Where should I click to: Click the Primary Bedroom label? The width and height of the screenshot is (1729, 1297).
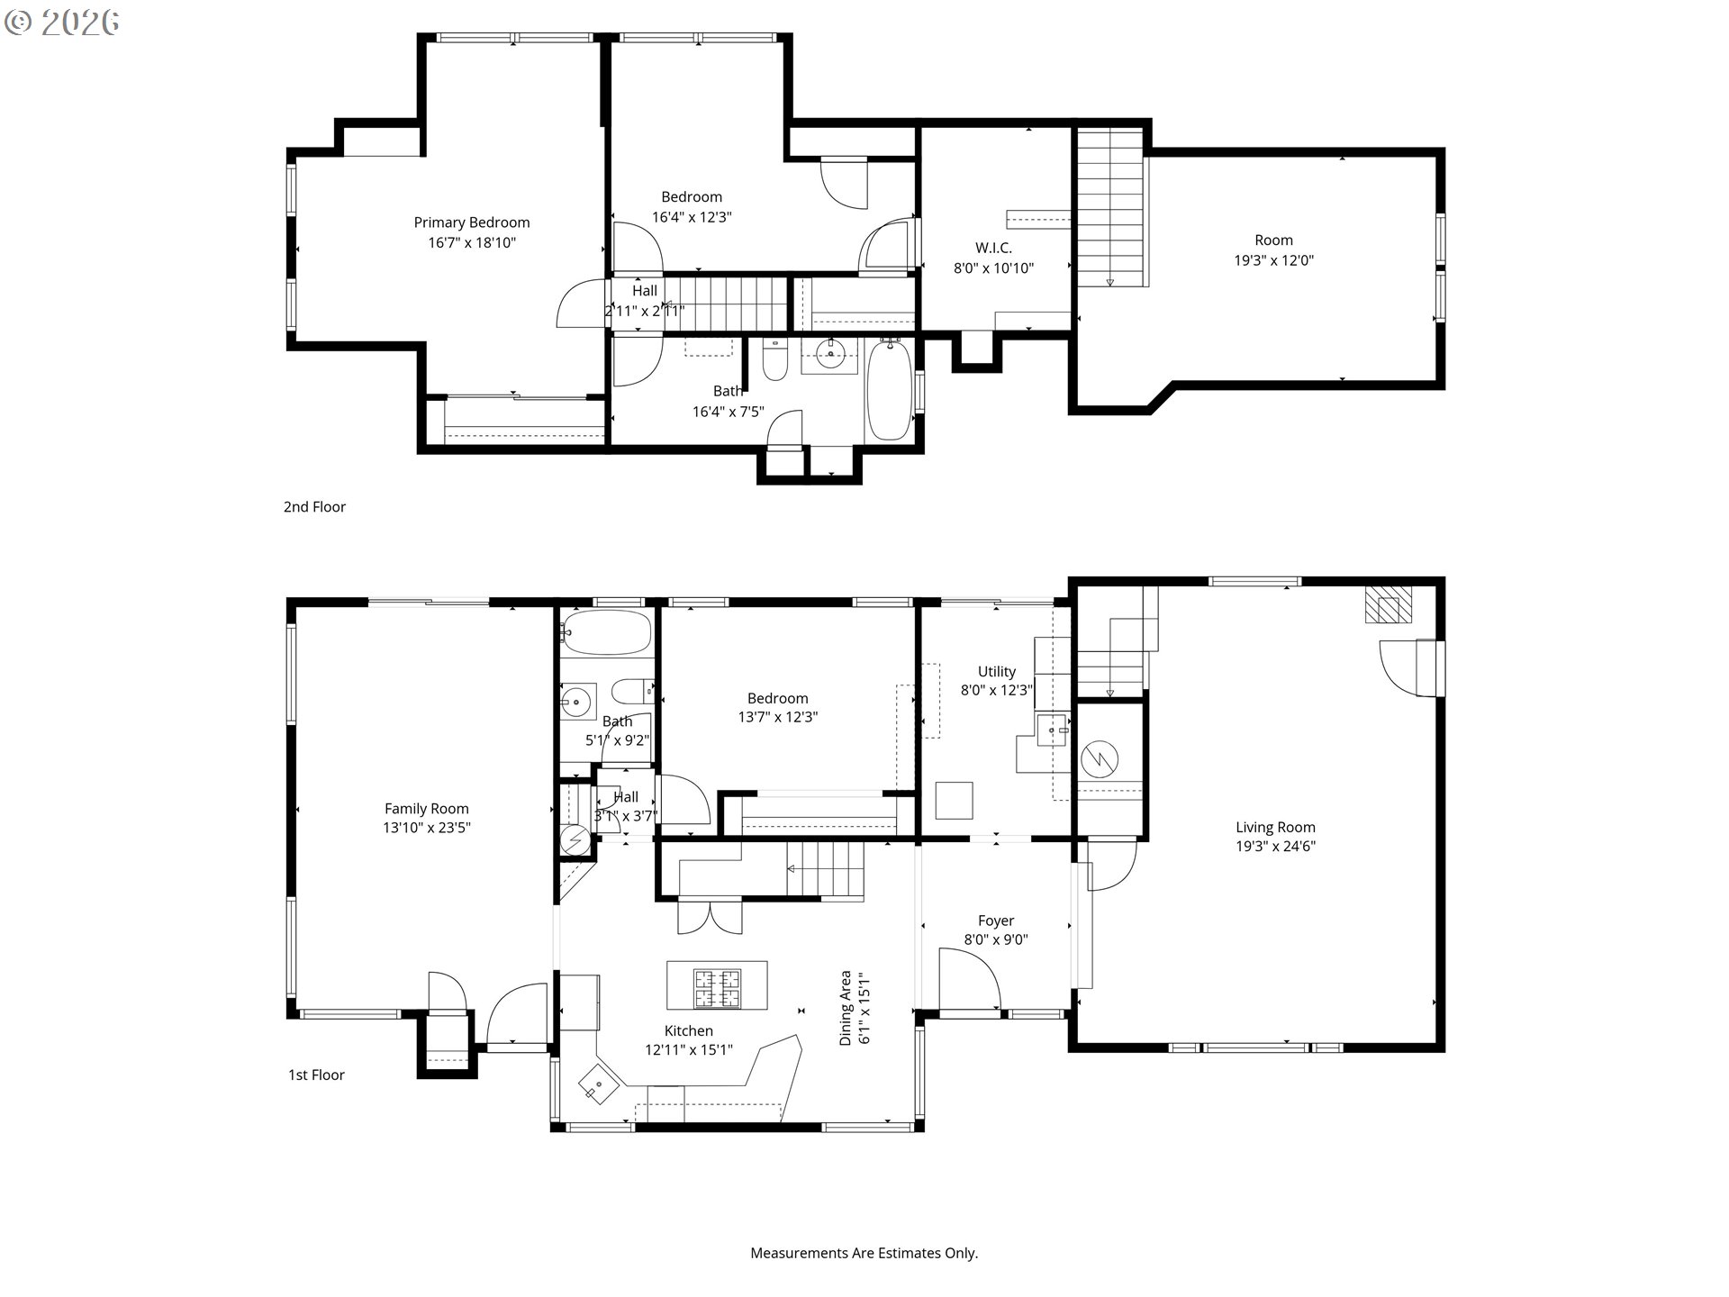point(471,222)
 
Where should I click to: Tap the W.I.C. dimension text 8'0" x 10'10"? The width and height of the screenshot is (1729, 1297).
point(993,268)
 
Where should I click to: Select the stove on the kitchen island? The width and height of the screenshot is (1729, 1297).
point(717,988)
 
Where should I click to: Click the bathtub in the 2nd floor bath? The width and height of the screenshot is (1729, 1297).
point(889,390)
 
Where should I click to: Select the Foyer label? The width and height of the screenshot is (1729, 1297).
point(996,921)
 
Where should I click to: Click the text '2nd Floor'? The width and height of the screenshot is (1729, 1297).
point(314,507)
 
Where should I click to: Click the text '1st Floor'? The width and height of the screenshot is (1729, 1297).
point(316,1075)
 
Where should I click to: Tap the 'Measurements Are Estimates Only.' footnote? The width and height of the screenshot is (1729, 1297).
point(864,1253)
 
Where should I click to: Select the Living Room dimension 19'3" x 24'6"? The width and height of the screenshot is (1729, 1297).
point(1275,846)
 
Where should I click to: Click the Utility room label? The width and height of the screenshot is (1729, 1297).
point(996,671)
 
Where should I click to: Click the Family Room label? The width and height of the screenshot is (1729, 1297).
point(426,809)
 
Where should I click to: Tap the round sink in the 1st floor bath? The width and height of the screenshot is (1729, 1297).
point(576,702)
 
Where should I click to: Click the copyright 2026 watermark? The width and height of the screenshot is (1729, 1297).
point(61,22)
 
